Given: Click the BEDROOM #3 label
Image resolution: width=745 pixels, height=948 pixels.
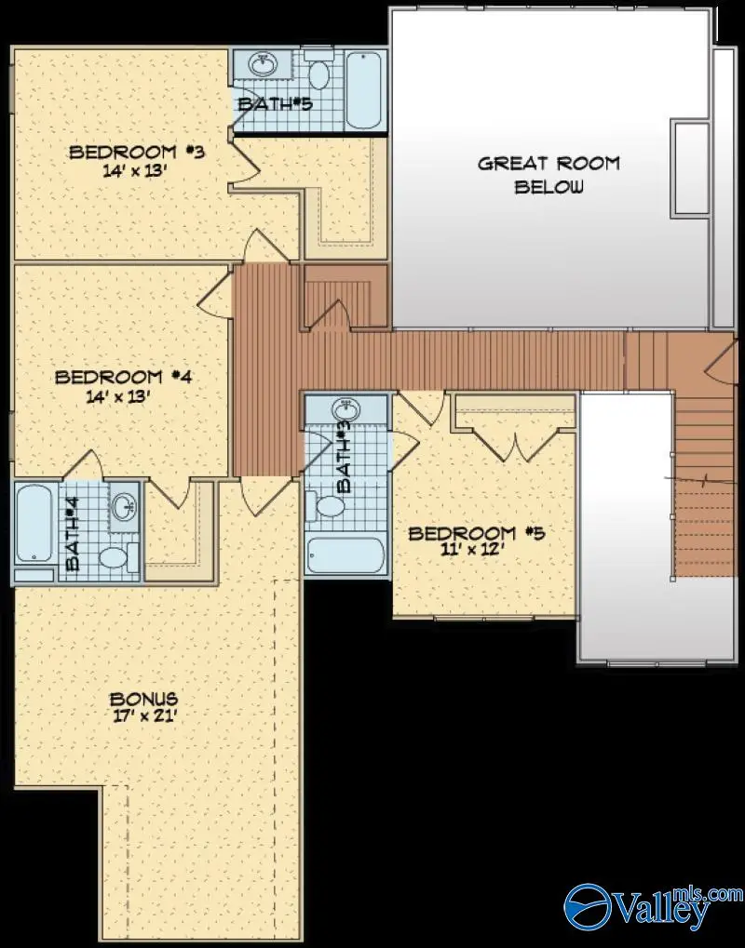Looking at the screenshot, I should click(x=136, y=152).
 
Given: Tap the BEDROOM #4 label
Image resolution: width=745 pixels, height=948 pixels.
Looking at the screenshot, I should click(x=122, y=378).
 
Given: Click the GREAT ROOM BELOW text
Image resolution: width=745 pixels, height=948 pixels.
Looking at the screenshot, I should click(x=549, y=174).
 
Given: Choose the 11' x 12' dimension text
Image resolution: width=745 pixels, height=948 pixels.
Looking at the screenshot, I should click(x=476, y=549).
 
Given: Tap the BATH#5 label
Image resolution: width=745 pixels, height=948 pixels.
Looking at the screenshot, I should click(x=274, y=104).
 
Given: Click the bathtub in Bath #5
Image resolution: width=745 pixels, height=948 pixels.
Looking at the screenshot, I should click(x=364, y=90).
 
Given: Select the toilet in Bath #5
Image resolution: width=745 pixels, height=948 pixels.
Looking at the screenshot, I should click(x=319, y=73).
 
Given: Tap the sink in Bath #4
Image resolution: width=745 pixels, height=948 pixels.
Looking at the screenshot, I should click(x=123, y=506).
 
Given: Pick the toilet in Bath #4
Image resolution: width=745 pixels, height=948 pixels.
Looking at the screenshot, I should click(x=114, y=558).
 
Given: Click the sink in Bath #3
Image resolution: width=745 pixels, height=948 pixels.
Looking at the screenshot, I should click(x=345, y=410).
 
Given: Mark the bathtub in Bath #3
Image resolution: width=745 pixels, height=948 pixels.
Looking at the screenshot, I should click(x=345, y=555).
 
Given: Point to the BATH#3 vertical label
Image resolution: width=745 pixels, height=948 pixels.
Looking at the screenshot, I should click(x=344, y=456).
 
